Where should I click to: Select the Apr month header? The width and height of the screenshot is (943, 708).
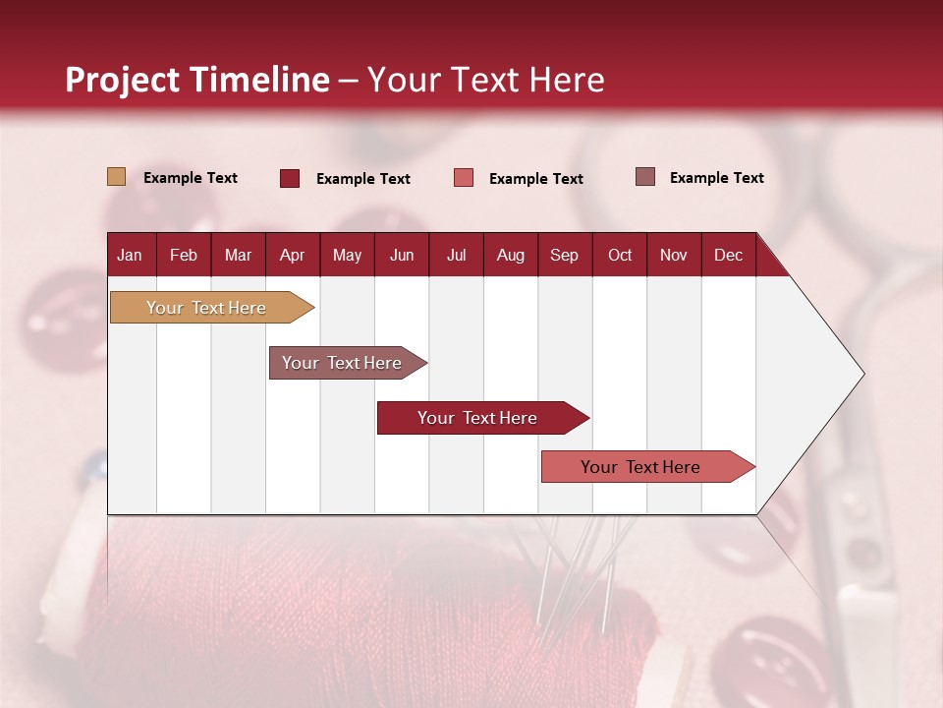coord(293,255)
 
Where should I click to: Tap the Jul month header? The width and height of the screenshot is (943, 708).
coord(456,255)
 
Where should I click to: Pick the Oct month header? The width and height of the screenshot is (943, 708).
coord(620,255)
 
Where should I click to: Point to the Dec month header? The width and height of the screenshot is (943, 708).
coord(728,255)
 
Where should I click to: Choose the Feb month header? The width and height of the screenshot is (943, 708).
coord(184,255)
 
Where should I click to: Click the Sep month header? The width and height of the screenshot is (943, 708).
coord(565,255)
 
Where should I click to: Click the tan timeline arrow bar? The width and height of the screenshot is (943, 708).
coord(212,307)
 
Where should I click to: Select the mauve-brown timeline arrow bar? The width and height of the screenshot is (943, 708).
coord(348,363)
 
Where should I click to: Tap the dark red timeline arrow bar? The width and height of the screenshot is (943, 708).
coord(483,418)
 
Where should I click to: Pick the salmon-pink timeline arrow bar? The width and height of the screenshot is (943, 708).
coord(648,466)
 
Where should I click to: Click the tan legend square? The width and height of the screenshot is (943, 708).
coord(116,176)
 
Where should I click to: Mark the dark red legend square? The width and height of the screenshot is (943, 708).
coord(289,178)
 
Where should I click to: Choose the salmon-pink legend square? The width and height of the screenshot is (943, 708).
coord(463,178)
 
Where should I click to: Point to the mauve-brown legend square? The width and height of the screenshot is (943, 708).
coord(644,176)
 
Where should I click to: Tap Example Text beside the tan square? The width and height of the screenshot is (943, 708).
coord(190,178)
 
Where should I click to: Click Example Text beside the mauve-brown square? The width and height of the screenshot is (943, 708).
coord(717,178)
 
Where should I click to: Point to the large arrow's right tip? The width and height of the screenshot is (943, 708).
coord(864,374)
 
